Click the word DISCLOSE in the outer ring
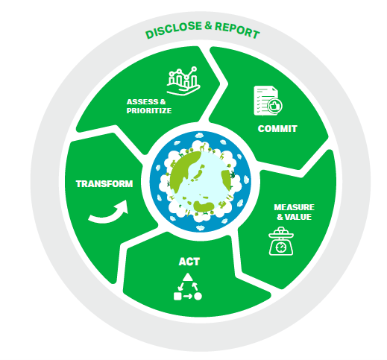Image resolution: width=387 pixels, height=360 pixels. tap(174, 30)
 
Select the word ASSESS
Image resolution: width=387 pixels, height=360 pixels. tap(142, 102)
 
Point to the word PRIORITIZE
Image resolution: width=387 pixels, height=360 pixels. tap(149, 110)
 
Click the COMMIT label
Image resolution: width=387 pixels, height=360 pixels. tap(277, 129)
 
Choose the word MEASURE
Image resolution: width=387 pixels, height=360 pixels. tap(294, 207)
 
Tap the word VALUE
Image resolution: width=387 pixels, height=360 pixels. tap(298, 217)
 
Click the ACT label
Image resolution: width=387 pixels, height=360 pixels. tap(189, 262)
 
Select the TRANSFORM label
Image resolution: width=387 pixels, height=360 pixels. tap(104, 184)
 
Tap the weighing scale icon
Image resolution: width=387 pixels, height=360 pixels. tap(281, 241)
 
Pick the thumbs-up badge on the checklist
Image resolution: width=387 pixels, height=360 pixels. tap(274, 106)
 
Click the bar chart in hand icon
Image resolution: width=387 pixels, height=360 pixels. tap(183, 81)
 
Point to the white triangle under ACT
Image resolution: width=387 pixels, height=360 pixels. tap(188, 277)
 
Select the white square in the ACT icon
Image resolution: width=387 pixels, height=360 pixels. tap(177, 296)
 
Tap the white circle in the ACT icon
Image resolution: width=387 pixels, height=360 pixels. tap(198, 296)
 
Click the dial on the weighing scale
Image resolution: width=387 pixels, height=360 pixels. tap(281, 247)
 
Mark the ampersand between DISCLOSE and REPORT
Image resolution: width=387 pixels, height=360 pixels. tap(208, 25)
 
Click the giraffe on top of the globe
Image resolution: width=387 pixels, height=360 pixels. tap(203, 147)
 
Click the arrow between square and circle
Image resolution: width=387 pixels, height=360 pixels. tap(187, 296)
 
